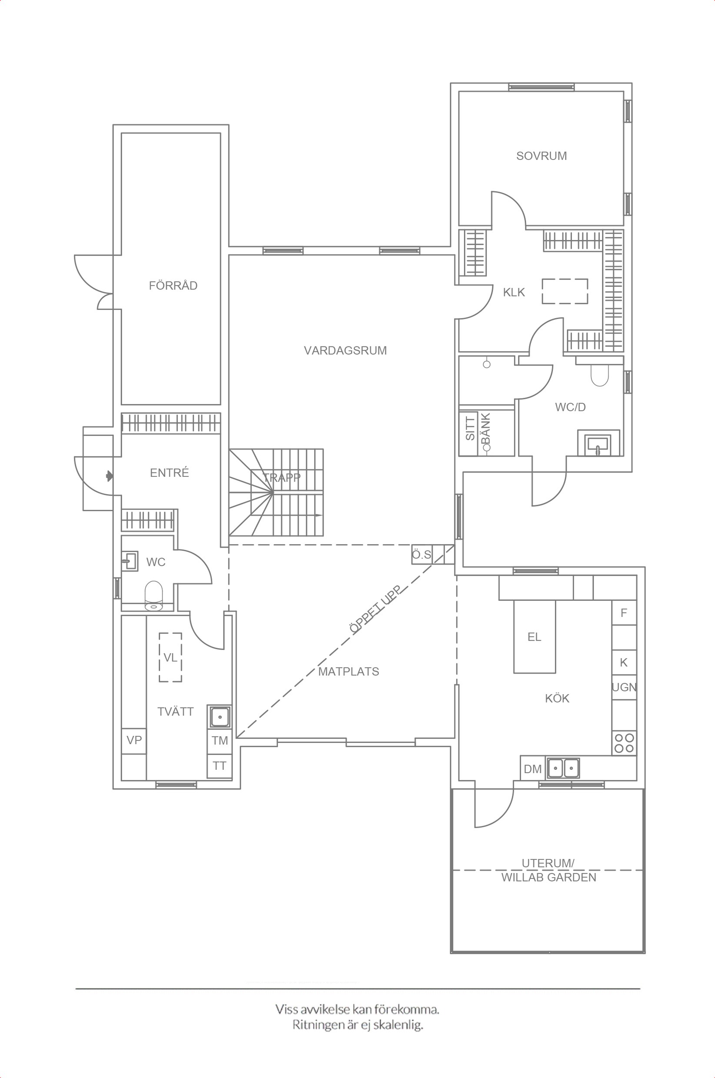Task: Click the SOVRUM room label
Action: click(x=541, y=156)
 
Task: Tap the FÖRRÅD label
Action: click(x=173, y=285)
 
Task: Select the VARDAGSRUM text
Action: click(x=345, y=350)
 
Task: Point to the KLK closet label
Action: click(x=514, y=292)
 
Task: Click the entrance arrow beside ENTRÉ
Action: click(x=110, y=476)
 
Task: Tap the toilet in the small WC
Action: click(x=154, y=595)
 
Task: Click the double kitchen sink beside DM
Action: click(x=563, y=769)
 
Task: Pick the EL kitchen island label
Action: click(x=535, y=637)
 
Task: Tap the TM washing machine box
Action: click(x=220, y=740)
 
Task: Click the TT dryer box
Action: click(x=220, y=766)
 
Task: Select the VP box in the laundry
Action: click(x=134, y=740)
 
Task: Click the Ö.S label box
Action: click(x=422, y=555)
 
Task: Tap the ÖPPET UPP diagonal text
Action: click(x=375, y=609)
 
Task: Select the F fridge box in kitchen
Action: click(x=624, y=613)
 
